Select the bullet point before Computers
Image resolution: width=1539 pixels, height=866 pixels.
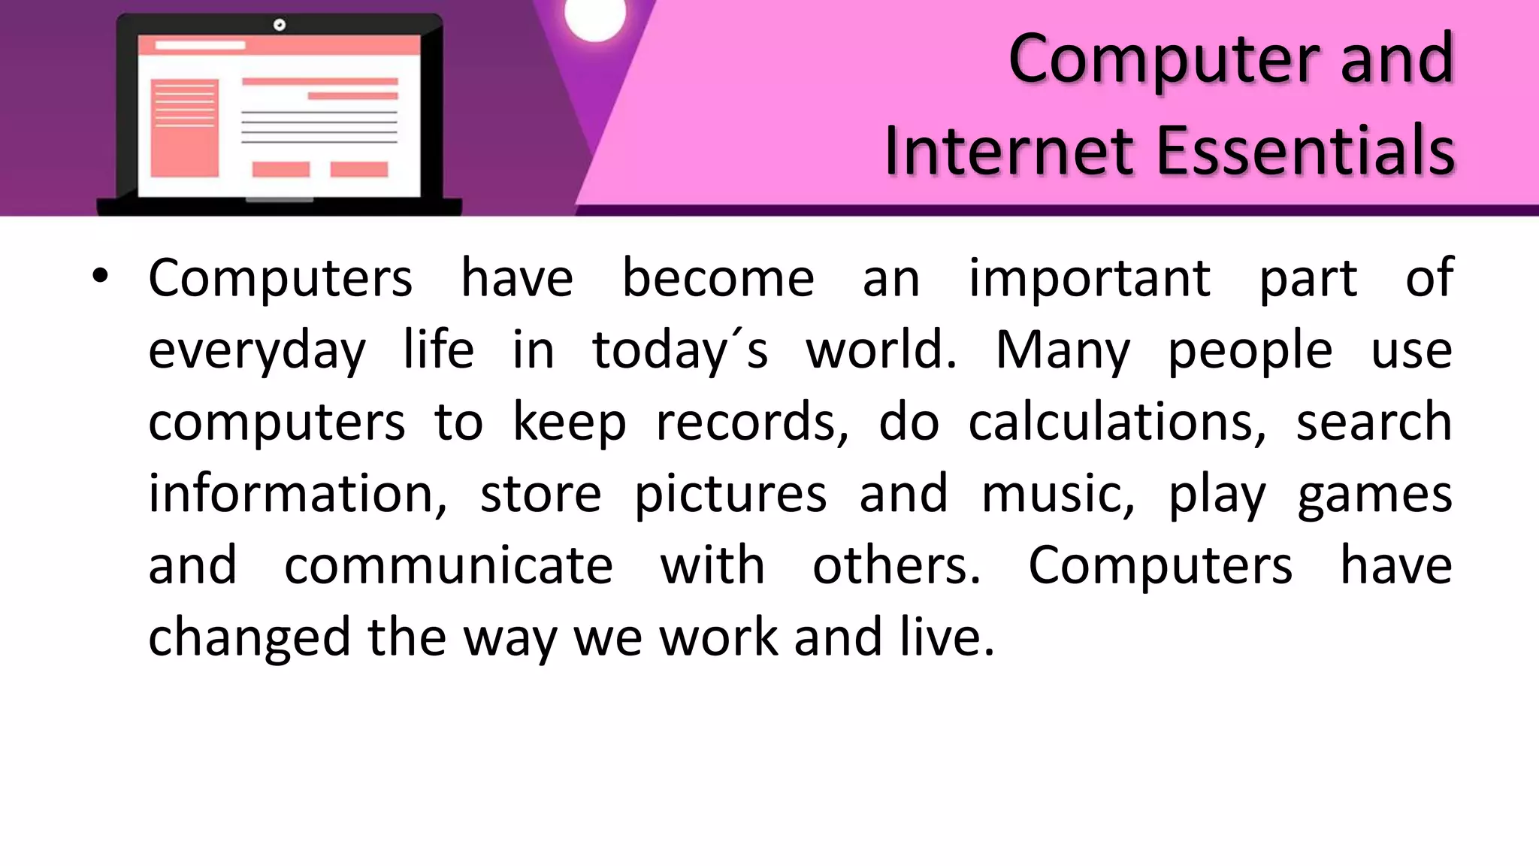tap(100, 277)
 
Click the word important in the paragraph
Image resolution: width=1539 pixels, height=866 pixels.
tap(1089, 278)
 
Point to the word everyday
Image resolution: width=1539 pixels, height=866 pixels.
tap(257, 352)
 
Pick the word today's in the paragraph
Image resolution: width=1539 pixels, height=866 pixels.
tap(680, 350)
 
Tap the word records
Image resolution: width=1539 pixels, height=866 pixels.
tap(752, 422)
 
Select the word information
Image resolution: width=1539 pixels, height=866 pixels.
tap(298, 494)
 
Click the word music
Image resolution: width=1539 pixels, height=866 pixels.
tap(1058, 494)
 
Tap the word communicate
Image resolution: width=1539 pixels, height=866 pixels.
tap(449, 565)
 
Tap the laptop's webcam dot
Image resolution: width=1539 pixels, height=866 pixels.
tap(280, 25)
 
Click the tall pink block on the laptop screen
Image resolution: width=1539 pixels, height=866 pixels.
tap(184, 128)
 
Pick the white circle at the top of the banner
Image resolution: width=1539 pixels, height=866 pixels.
tap(595, 17)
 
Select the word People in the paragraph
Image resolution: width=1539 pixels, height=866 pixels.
tap(1250, 352)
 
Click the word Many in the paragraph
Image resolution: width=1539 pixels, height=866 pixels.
tap(1063, 350)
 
